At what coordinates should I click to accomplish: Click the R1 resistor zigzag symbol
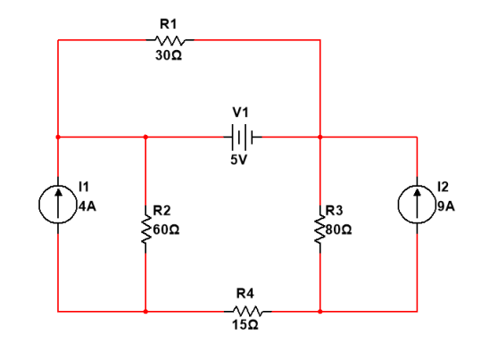pyautogui.click(x=170, y=39)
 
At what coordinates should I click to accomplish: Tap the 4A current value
pyautogui.click(x=87, y=203)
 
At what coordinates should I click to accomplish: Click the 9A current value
pyautogui.click(x=446, y=203)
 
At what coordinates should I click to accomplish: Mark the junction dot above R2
pyautogui.click(x=145, y=138)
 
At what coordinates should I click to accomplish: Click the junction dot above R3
pyautogui.click(x=320, y=138)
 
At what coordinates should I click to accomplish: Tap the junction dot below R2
pyautogui.click(x=145, y=312)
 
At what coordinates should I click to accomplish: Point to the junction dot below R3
pyautogui.click(x=320, y=312)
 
